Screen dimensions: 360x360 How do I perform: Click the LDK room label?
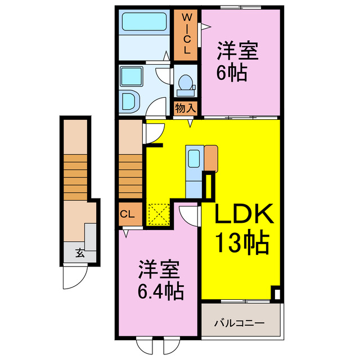(244, 214)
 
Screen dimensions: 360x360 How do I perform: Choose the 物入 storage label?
(186, 107)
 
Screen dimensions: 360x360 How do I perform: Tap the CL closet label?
(127, 214)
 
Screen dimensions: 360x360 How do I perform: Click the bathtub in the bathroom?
(142, 22)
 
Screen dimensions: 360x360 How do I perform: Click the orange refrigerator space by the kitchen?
(211, 158)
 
